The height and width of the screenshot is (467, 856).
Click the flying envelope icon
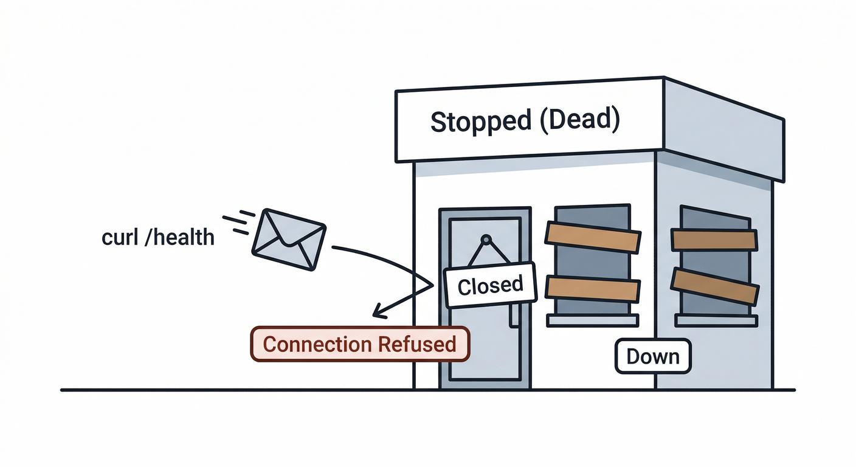[289, 240]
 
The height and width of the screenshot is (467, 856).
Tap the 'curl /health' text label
[158, 237]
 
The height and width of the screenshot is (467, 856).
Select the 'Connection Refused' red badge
[360, 344]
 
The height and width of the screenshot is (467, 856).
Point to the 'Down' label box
[653, 356]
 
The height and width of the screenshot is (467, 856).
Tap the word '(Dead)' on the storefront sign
[579, 119]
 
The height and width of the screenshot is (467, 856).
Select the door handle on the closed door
[515, 314]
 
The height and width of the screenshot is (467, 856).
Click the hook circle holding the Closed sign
[485, 240]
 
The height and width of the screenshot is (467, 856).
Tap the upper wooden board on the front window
[593, 237]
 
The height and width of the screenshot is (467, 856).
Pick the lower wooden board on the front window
[593, 289]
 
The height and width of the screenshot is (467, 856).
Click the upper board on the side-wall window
[714, 240]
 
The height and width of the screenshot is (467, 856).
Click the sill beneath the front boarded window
[593, 320]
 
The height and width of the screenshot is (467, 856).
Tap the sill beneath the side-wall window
[717, 320]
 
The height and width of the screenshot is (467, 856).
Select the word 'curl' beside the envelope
[119, 237]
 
